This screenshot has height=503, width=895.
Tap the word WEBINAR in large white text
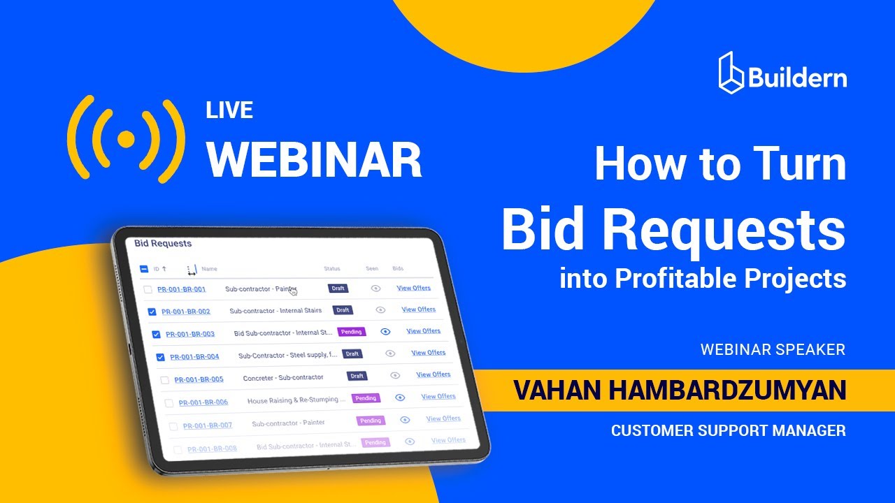[x=314, y=159]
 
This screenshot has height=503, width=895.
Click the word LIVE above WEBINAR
[x=229, y=110]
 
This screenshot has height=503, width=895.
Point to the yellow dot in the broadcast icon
[x=126, y=140]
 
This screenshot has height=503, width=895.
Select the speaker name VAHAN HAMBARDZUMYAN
[x=679, y=391]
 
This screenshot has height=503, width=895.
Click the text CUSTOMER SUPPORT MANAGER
[x=728, y=430]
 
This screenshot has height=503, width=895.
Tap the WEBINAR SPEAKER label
[x=773, y=349]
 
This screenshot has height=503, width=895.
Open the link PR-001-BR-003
[x=190, y=335]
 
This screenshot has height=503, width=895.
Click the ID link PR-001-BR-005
[x=199, y=380]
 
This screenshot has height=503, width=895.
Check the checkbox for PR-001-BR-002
[x=152, y=312]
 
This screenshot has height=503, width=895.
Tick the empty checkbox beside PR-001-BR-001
[x=148, y=289]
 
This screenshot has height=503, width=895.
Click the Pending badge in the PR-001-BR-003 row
[x=352, y=332]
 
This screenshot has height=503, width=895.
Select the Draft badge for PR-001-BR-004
[x=352, y=354]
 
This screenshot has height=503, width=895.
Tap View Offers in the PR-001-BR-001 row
[x=414, y=288]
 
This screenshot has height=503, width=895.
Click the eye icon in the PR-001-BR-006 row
[x=400, y=398]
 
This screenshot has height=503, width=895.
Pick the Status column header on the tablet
[x=331, y=269]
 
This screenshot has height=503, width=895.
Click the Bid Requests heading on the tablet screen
[x=163, y=244]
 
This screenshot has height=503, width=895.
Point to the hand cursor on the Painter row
[x=293, y=291]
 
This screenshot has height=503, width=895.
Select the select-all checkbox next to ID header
[x=144, y=269]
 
